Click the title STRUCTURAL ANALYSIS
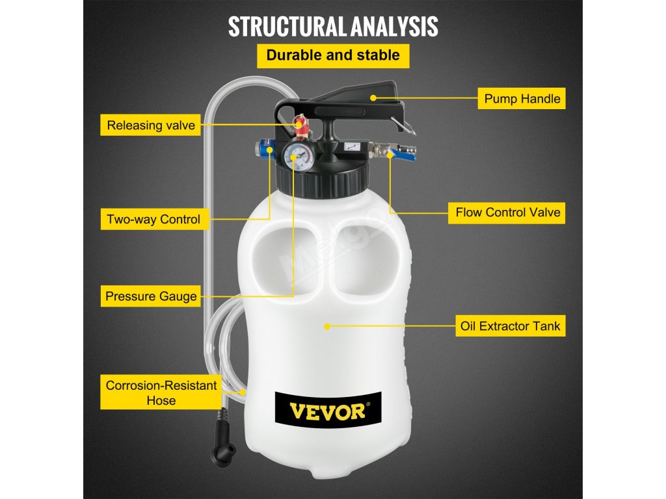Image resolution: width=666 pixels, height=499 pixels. click(333, 27)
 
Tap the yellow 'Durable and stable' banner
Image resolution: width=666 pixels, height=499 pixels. click(333, 55)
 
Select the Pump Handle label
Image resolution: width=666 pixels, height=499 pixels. click(522, 99)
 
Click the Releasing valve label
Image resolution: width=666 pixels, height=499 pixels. click(151, 125)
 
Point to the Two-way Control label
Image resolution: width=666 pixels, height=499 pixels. click(153, 219)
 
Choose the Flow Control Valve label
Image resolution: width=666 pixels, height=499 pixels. click(507, 212)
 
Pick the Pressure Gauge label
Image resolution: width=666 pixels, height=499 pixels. click(151, 297)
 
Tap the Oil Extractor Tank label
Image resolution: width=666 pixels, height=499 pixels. click(510, 326)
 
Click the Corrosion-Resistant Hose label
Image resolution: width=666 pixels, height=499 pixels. click(161, 393)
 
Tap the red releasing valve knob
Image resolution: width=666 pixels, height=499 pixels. click(300, 123)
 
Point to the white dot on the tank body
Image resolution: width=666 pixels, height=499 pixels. click(327, 326)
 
